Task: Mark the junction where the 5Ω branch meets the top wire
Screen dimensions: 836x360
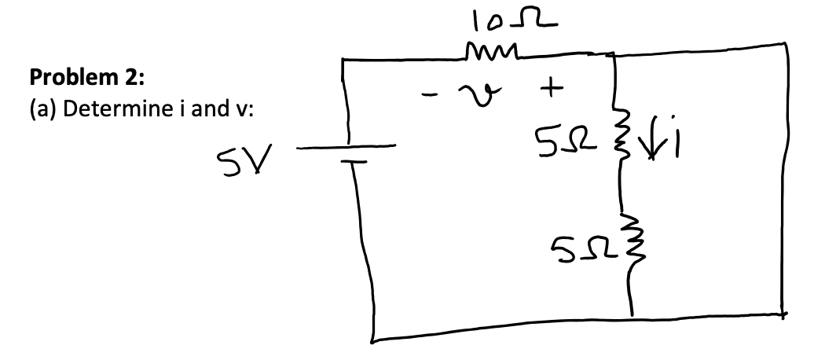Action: click(612, 55)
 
